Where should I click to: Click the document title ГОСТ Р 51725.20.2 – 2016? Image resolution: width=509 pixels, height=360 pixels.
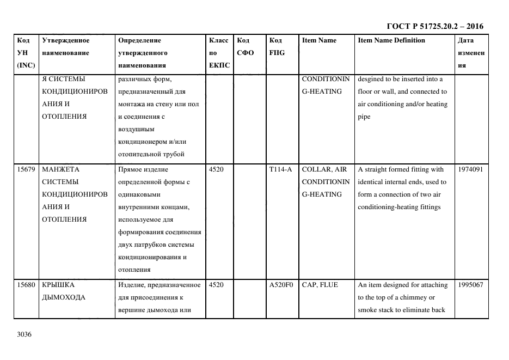click(434, 26)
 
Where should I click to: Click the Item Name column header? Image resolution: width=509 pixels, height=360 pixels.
click(319, 40)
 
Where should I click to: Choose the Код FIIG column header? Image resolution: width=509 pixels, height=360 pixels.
click(277, 47)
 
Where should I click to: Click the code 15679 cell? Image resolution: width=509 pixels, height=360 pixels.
click(26, 169)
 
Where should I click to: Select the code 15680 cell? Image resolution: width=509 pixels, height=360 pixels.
click(26, 285)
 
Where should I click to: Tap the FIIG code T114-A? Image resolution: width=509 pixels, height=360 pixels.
click(280, 169)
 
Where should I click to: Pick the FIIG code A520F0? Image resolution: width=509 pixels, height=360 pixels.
click(281, 285)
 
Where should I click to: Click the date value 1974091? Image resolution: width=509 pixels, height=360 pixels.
click(470, 169)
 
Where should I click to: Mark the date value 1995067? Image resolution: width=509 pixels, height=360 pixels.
click(470, 285)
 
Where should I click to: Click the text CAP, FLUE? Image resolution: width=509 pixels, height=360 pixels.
click(320, 285)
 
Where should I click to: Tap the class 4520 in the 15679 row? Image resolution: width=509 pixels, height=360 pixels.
click(216, 169)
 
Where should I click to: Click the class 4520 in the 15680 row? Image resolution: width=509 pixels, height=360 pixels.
click(216, 285)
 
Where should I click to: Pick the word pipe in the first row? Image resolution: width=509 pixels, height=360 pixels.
click(364, 117)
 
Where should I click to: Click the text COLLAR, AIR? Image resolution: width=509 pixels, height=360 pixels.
click(324, 169)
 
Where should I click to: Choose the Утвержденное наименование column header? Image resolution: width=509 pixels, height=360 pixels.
click(66, 47)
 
